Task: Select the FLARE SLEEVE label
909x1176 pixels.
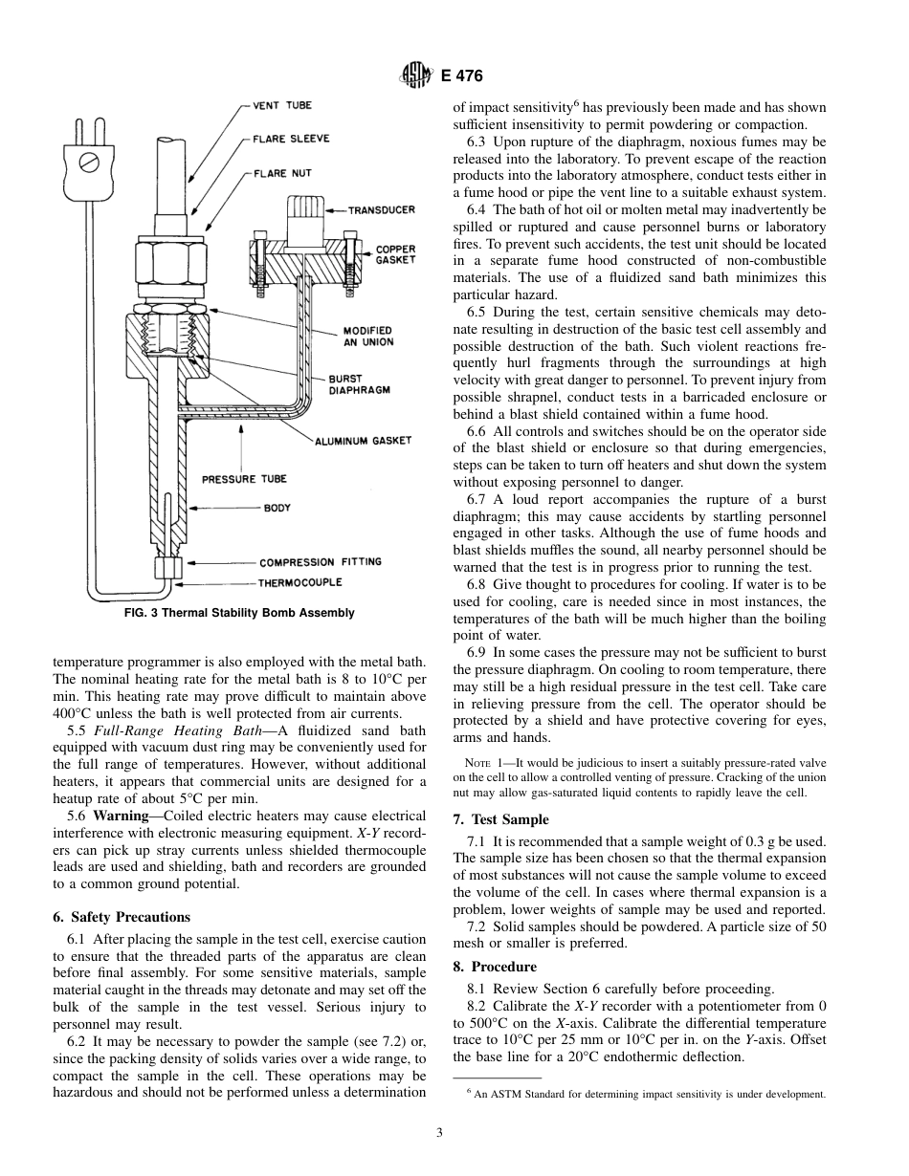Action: (291, 140)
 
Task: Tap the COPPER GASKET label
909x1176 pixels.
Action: (395, 254)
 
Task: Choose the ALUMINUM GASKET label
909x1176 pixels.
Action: (364, 440)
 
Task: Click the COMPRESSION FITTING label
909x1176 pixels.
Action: (320, 562)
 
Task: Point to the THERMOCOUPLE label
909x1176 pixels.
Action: (299, 581)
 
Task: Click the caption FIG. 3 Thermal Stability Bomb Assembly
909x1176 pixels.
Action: (239, 613)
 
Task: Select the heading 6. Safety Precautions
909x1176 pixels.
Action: (122, 917)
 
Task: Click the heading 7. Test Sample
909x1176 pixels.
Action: (500, 819)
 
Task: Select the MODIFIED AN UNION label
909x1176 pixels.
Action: (368, 337)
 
